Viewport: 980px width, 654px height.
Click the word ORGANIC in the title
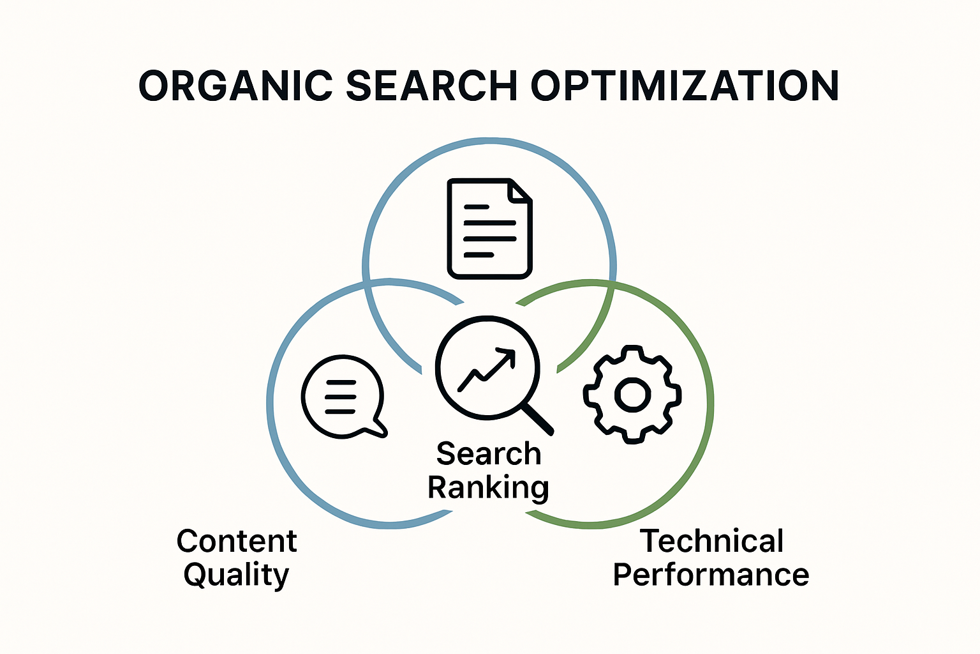235,86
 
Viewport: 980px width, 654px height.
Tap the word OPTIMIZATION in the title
684,86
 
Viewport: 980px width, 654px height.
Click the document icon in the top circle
489,229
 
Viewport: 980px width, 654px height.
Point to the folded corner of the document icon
520,191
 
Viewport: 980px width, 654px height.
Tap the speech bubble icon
343,396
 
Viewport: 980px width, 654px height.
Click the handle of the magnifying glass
538,419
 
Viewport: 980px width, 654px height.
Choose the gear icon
632,395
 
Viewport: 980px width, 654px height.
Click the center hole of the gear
632,395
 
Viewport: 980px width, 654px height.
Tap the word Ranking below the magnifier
488,487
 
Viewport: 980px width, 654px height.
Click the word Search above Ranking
489,453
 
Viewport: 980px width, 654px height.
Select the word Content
237,541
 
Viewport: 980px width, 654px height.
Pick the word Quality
236,575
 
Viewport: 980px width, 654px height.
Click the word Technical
712,541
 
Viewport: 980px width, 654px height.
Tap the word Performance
711,575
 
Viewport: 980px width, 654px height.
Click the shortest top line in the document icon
476,207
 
